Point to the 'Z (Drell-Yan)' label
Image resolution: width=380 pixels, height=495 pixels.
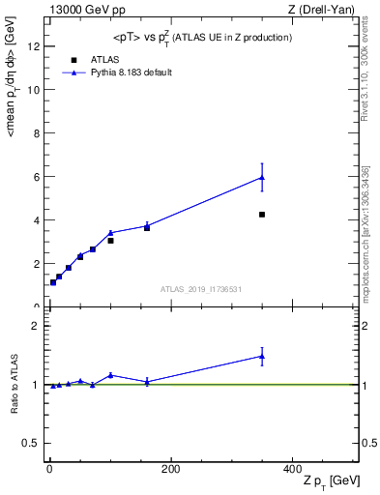point(322,10)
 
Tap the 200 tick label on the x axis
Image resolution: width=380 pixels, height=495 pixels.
point(170,469)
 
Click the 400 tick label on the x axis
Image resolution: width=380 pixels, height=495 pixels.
point(292,469)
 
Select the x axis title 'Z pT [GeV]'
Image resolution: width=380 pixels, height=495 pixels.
point(331,481)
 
